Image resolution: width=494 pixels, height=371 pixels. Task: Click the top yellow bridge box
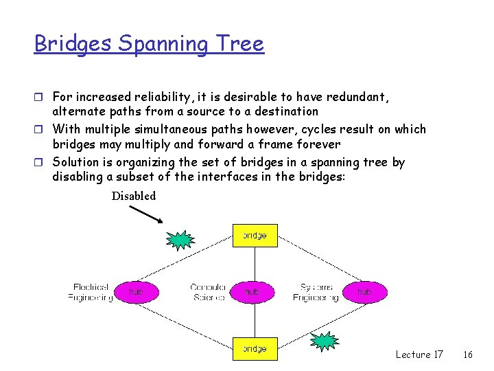click(x=255, y=236)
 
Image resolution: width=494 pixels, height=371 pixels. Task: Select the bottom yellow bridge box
click(x=255, y=349)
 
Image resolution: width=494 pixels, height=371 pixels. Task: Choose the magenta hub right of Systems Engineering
click(x=364, y=292)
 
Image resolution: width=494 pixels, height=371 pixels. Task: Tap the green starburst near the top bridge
click(x=180, y=240)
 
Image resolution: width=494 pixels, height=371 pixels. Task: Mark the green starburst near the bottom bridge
click(x=324, y=340)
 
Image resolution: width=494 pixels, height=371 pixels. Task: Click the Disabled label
click(x=134, y=196)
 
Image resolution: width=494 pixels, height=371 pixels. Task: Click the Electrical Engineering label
click(x=91, y=292)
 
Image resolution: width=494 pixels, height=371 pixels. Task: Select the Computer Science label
click(x=208, y=292)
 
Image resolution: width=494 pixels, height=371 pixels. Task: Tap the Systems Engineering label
click(x=316, y=292)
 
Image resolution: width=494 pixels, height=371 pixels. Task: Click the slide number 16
click(x=468, y=355)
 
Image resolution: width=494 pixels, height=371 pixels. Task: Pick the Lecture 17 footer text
click(x=419, y=355)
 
